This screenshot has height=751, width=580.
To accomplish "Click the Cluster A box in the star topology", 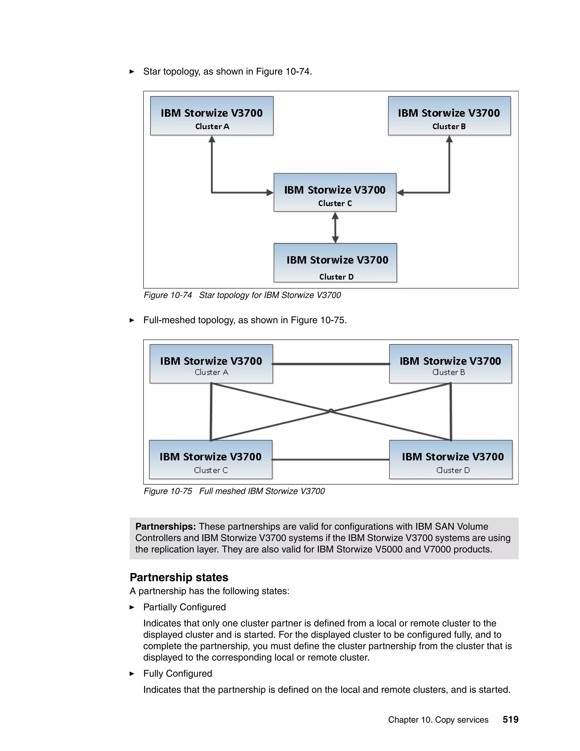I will (x=212, y=116).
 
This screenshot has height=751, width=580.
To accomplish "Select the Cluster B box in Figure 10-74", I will (x=449, y=116).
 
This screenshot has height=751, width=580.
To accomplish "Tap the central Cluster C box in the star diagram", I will (x=335, y=192).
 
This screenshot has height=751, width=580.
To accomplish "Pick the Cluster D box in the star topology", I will (x=335, y=263).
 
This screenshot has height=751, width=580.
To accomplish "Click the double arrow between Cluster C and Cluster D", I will (x=335, y=228).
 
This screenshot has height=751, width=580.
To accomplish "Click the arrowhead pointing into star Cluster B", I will (x=449, y=139).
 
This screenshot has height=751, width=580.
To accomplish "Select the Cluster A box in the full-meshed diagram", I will (x=211, y=364).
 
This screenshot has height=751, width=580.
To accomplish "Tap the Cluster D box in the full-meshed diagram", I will (x=451, y=459).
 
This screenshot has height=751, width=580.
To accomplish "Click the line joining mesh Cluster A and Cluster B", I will (x=331, y=364).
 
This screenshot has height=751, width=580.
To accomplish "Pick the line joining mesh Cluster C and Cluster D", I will (x=330, y=459).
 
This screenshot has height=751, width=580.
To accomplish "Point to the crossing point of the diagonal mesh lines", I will (x=330, y=411).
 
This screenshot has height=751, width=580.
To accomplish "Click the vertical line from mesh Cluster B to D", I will (x=451, y=411).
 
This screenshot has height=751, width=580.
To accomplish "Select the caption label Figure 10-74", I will (x=168, y=295).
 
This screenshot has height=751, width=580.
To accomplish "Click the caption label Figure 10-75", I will (x=168, y=491).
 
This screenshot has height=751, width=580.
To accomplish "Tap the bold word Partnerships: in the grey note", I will (x=165, y=527).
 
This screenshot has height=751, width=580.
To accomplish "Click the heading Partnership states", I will (x=179, y=577).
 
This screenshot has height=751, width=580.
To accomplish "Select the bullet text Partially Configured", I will (x=185, y=607).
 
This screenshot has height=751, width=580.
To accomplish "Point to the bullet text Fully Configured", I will (x=178, y=674).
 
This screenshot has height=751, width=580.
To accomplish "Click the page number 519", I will (x=510, y=720).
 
